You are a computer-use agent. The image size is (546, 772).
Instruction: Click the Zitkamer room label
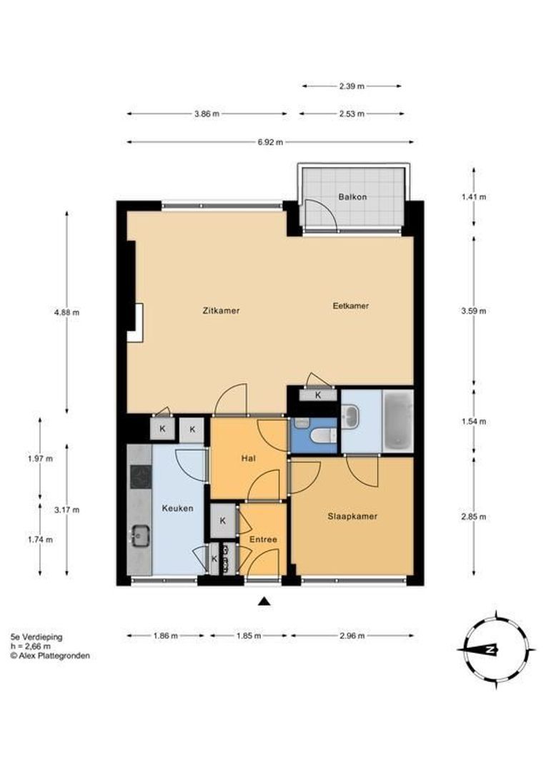pyautogui.click(x=221, y=311)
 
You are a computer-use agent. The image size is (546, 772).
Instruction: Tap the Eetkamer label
pyautogui.click(x=351, y=306)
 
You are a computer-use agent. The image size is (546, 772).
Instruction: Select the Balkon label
pyautogui.click(x=352, y=197)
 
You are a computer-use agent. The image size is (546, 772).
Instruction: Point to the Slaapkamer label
pyautogui.click(x=352, y=517)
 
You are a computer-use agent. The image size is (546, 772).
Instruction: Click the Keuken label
pyautogui.click(x=178, y=508)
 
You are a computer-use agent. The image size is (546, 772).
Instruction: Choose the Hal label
pyautogui.click(x=248, y=458)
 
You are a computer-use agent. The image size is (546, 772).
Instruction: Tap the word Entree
pyautogui.click(x=263, y=540)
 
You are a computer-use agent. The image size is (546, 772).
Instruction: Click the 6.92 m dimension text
pyautogui.click(x=270, y=142)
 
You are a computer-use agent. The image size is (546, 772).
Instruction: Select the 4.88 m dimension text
pyautogui.click(x=67, y=312)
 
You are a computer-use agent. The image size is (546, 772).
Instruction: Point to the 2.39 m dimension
pyautogui.click(x=352, y=86)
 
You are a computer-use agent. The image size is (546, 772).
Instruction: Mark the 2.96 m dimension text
pyautogui.click(x=352, y=635)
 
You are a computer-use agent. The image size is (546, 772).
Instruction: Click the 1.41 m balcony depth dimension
pyautogui.click(x=474, y=197)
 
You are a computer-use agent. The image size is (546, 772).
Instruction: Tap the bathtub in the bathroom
pyautogui.click(x=398, y=420)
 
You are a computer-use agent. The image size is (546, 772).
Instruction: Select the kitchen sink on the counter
pyautogui.click(x=141, y=535)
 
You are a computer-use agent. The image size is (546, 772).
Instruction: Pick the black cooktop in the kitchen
pyautogui.click(x=141, y=477)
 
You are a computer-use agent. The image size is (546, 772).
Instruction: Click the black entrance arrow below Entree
pyautogui.click(x=265, y=600)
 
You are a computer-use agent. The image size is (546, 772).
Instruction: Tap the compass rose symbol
pyautogui.click(x=496, y=650)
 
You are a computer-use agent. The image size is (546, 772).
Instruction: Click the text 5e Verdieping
pyautogui.click(x=36, y=637)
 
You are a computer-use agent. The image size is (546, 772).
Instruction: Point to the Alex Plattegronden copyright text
pyautogui.click(x=50, y=655)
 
